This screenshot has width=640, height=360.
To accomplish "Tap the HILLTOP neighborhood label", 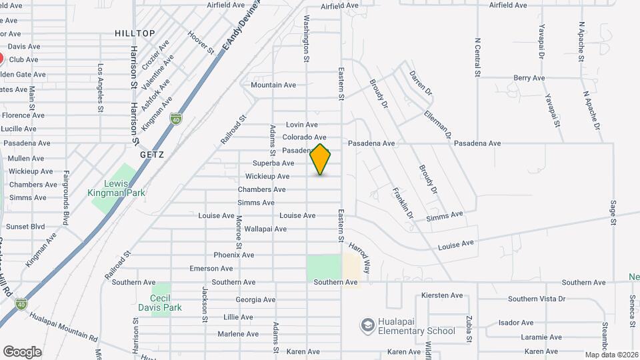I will tap(135, 33).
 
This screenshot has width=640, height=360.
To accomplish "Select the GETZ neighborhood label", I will tap(152, 154).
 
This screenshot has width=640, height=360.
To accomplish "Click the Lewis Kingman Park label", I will tap(116, 188).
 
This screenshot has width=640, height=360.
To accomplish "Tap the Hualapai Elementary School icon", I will tap(367, 325).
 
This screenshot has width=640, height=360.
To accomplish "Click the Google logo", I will tap(22, 352).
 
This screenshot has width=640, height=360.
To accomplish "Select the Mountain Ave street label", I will tap(273, 85).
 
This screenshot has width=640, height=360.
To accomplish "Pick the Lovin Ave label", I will tap(301, 125).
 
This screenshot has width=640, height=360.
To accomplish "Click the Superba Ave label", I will tap(273, 163).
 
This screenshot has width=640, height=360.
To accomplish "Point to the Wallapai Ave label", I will tap(265, 229).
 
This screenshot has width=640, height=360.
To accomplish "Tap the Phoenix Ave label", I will tap(234, 255).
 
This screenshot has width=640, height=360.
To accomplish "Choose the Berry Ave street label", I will tap(529, 78).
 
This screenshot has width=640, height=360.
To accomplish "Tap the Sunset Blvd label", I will tap(27, 227).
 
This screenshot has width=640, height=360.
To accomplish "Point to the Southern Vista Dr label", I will tap(536, 299).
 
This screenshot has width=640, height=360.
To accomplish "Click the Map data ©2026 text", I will tap(611, 354).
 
